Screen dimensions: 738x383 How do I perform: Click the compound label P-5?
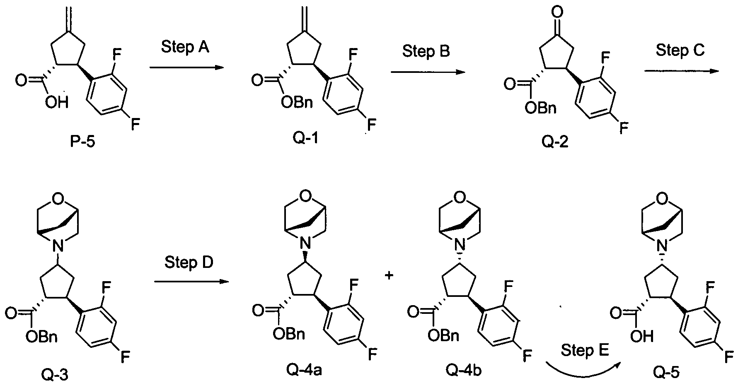[82, 142]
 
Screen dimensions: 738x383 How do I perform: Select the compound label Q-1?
[306, 137]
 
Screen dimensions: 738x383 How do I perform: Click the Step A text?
[185, 47]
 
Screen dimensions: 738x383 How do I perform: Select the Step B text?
[426, 52]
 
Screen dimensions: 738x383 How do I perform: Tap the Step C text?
[680, 51]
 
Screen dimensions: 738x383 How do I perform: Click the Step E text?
[585, 351]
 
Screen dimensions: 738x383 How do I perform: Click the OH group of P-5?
[57, 102]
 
